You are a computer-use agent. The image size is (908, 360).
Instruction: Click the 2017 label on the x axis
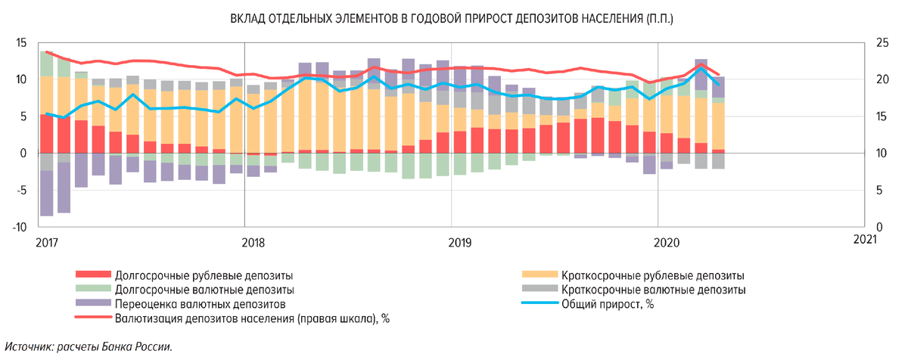47,241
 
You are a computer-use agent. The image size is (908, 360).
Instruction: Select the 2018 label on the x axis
253,241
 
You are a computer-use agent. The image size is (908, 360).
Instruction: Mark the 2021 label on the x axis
863,238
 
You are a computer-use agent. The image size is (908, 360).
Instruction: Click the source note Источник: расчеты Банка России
88,347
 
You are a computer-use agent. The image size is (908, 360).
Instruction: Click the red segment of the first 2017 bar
47,134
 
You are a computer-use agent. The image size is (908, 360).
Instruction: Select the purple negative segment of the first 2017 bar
47,193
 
